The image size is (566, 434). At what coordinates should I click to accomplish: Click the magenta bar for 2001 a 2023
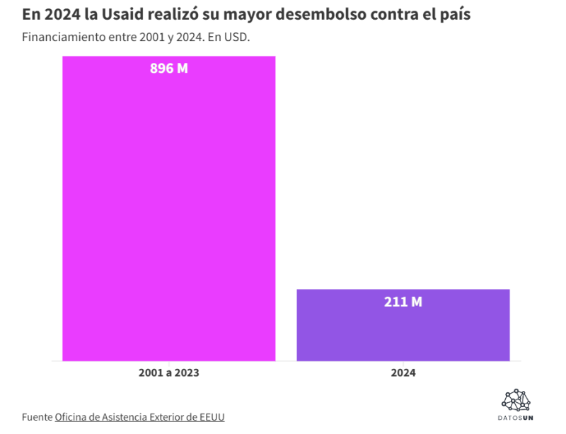click(169, 209)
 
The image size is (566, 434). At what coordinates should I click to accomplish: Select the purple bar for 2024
click(403, 325)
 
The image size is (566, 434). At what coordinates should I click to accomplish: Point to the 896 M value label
click(169, 68)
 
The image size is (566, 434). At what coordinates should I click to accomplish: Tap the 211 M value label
click(403, 302)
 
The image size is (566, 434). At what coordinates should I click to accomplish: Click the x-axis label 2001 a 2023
click(169, 373)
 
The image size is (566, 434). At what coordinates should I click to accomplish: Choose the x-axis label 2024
click(403, 373)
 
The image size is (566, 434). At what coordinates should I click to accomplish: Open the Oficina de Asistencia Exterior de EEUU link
click(139, 417)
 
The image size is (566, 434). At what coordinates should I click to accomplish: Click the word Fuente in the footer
click(37, 417)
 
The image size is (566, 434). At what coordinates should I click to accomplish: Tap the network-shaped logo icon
click(516, 400)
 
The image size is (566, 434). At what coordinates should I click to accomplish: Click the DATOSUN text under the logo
click(516, 418)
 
